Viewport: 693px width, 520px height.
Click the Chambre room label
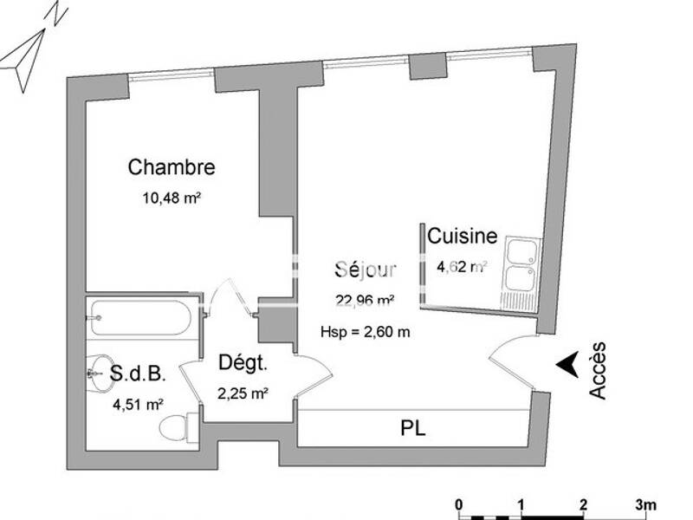click(x=172, y=167)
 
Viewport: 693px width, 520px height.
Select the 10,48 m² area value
click(x=172, y=197)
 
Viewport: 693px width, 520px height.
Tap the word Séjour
click(x=366, y=270)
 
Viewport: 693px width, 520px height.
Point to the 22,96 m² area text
click(x=366, y=302)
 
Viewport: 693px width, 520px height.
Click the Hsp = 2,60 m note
click(x=365, y=331)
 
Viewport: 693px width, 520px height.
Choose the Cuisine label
click(x=463, y=236)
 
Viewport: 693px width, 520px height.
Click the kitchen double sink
click(x=521, y=266)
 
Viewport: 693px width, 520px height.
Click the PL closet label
click(x=413, y=427)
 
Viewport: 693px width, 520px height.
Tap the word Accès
click(x=598, y=370)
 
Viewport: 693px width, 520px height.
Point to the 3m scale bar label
click(x=645, y=504)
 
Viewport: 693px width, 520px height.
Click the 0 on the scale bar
click(x=459, y=504)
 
